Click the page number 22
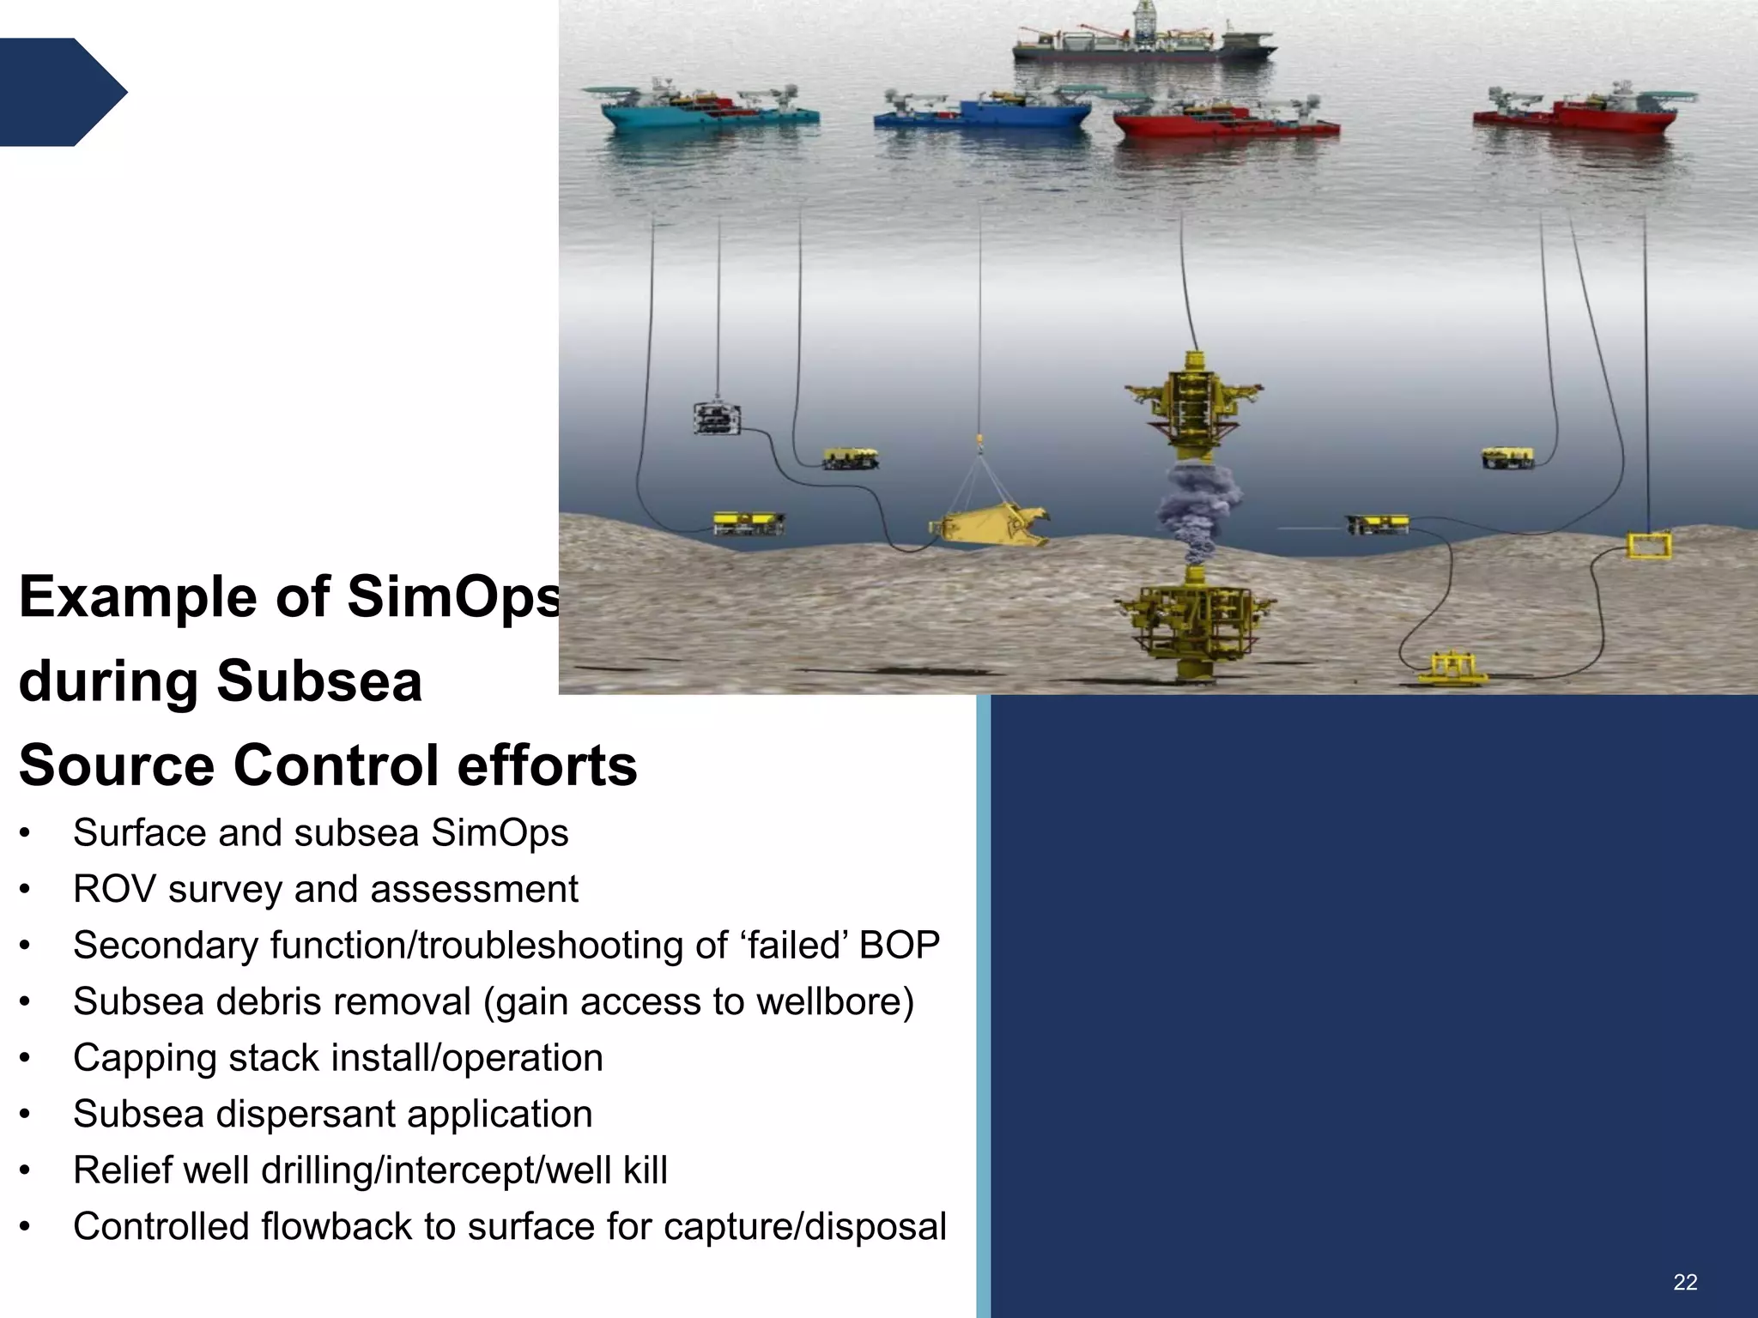pos(1685,1282)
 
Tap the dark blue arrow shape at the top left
pos(60,92)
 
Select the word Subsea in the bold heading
pos(318,680)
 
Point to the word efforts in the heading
pos(547,765)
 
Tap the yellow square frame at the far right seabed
pos(1649,546)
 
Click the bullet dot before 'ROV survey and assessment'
pos(26,890)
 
